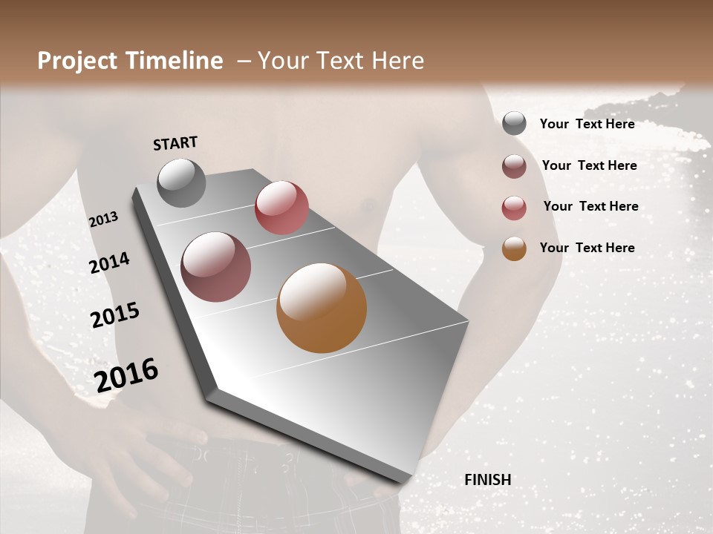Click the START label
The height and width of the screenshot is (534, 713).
(175, 143)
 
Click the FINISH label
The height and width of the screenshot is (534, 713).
(488, 480)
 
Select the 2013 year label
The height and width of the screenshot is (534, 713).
(103, 220)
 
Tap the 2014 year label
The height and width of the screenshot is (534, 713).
(109, 263)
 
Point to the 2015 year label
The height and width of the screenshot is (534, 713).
(115, 315)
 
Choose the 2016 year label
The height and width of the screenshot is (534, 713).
(126, 375)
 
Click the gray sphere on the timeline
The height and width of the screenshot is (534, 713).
(182, 182)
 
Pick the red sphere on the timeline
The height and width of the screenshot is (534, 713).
(281, 208)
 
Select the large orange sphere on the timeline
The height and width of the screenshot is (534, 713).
(322, 308)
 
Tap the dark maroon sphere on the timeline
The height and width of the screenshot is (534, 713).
(216, 267)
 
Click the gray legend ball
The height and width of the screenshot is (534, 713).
(514, 124)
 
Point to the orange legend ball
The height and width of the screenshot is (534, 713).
(514, 248)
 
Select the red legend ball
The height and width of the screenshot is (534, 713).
(514, 208)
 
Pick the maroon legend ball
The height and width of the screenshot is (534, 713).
(514, 166)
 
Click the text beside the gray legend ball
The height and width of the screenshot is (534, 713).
(587, 124)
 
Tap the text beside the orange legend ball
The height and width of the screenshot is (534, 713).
(587, 248)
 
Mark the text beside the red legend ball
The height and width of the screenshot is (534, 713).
(590, 206)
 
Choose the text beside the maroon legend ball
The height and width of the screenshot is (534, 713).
(589, 165)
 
